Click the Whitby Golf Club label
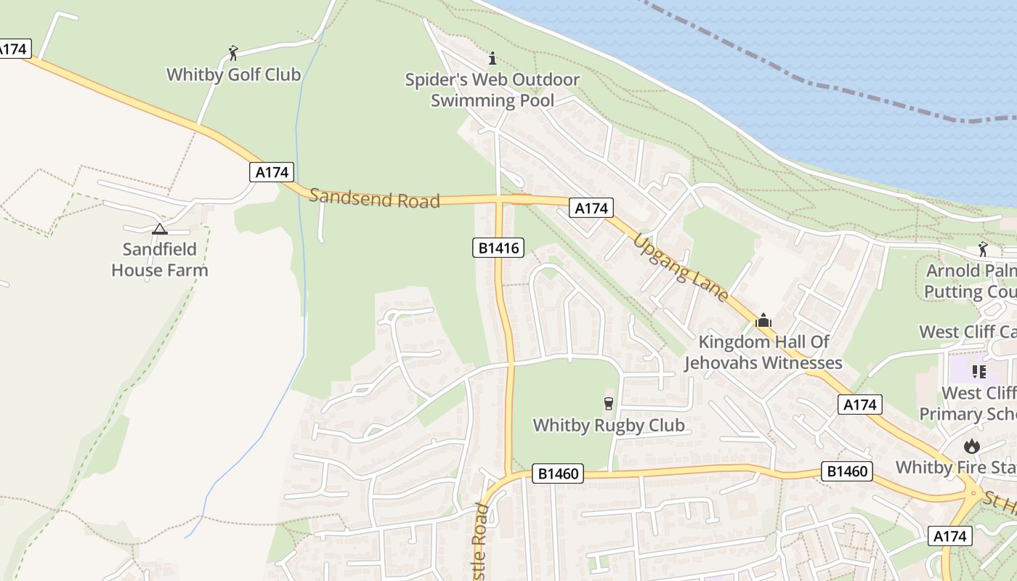point(233,74)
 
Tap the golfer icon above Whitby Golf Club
point(233,53)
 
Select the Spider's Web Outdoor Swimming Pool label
point(492,90)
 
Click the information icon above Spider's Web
point(493,58)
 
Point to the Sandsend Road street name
point(375,198)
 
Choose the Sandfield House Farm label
point(159,260)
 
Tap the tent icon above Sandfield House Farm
point(160,229)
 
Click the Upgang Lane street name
point(681,267)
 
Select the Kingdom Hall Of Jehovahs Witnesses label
point(763,352)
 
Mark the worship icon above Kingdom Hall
point(763,320)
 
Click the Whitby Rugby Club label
point(609,425)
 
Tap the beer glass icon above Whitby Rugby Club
point(609,403)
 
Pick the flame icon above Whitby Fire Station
point(971,445)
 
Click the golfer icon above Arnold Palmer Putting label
point(983,249)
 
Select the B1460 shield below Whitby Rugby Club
point(559,474)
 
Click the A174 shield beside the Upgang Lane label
point(590,208)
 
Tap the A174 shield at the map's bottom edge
point(949,537)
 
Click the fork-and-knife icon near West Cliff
point(978,372)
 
